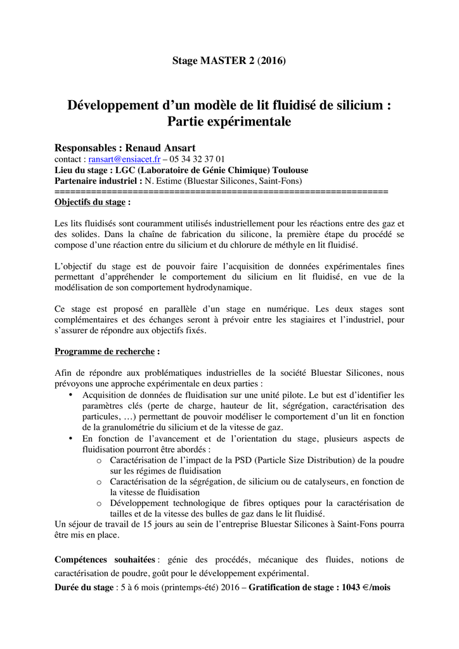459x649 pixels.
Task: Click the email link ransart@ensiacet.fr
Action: [x=124, y=159]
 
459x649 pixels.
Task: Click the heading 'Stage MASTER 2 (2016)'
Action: [x=229, y=61]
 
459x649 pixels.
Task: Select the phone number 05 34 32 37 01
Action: [x=197, y=159]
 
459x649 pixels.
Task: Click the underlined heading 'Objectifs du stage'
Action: [x=90, y=203]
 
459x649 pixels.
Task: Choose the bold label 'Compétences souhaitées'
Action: [x=105, y=560]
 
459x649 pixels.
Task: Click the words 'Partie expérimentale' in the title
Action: [x=229, y=122]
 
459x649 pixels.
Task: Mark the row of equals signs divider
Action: [x=221, y=191]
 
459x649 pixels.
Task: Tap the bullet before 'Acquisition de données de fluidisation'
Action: [x=70, y=395]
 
